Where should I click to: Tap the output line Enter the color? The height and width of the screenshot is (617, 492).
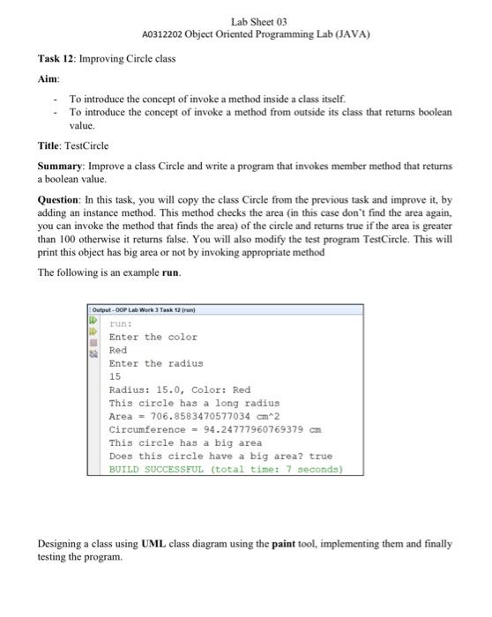pyautogui.click(x=153, y=337)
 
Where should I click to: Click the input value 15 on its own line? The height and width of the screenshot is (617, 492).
pyautogui.click(x=115, y=376)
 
